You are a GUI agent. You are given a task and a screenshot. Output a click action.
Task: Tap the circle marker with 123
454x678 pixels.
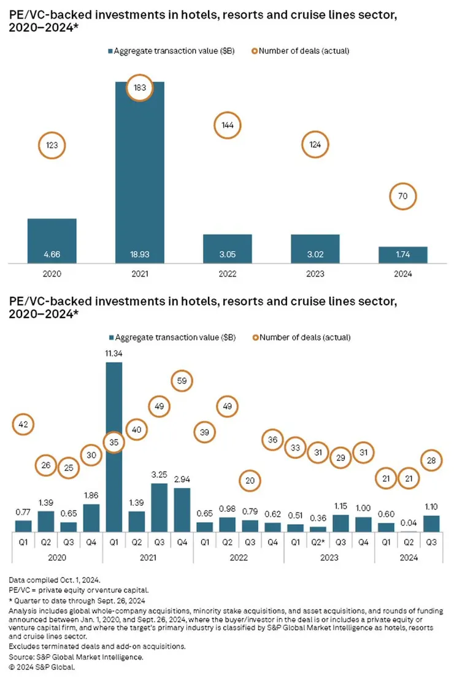pos(52,146)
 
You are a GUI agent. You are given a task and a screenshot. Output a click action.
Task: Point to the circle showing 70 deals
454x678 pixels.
pos(404,197)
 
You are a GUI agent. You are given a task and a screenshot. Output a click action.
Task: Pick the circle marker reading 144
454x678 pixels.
pos(228,125)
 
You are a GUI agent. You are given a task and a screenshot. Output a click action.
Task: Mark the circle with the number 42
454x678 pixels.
pos(23,424)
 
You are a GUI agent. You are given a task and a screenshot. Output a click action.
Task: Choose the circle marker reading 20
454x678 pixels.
pos(250,481)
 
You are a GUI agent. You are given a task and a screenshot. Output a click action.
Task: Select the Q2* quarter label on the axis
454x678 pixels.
pos(317,541)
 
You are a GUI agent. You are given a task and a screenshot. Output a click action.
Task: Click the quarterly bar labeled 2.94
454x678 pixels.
pos(182,509)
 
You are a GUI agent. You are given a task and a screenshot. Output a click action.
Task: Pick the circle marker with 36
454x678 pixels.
pos(272,440)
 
